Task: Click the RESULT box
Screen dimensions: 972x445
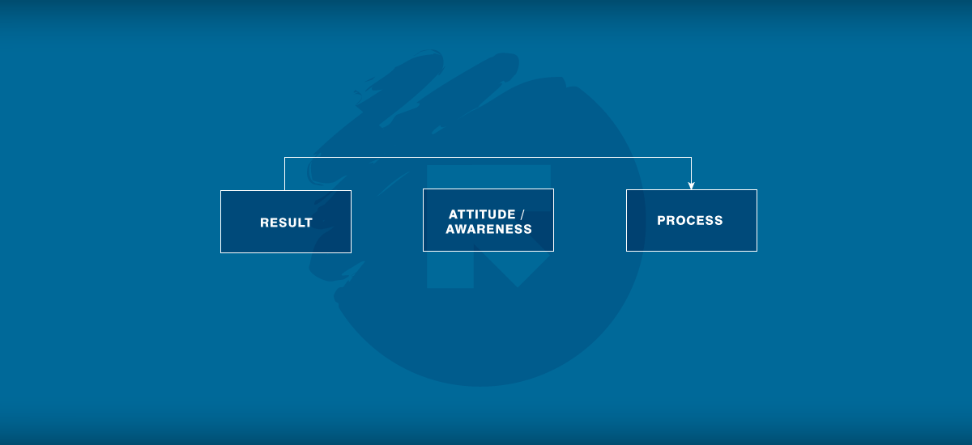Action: (286, 222)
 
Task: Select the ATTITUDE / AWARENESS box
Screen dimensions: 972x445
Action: (488, 220)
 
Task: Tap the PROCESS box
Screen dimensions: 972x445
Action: (692, 221)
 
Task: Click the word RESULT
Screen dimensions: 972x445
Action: (286, 222)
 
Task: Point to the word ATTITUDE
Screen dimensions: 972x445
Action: (482, 214)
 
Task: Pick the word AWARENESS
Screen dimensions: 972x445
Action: (488, 229)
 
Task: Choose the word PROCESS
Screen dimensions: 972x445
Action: (690, 221)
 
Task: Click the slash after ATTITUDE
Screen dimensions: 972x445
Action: (522, 214)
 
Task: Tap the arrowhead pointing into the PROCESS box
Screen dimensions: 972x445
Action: (691, 186)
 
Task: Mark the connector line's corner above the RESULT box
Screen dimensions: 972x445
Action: (284, 157)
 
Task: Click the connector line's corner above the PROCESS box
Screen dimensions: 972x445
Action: (691, 157)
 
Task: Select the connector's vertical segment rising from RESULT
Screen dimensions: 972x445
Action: (284, 174)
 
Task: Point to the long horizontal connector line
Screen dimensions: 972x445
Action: (488, 157)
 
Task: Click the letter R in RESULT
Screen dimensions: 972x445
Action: (264, 222)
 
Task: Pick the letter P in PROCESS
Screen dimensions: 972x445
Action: (661, 221)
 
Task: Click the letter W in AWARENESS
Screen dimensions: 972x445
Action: (462, 229)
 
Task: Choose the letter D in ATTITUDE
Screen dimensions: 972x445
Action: (501, 214)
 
